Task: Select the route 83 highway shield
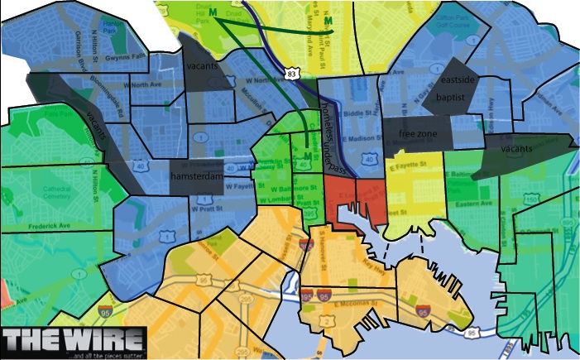coord(291,74)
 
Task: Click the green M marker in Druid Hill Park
coord(213,12)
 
